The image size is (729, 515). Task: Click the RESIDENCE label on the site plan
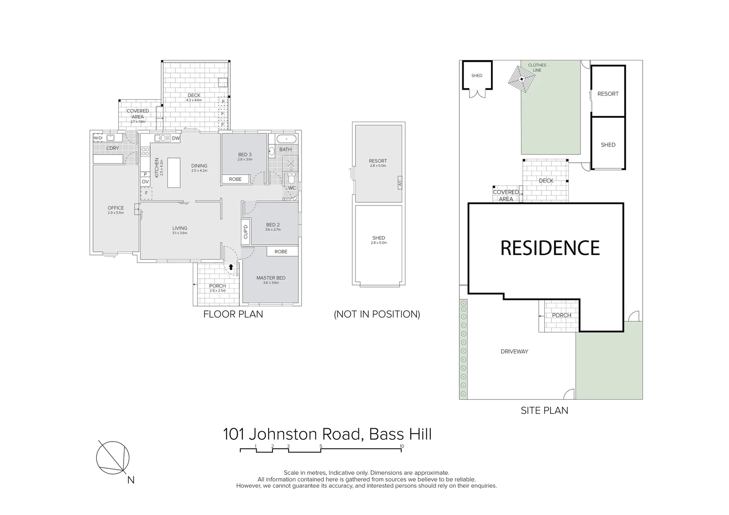tap(550, 248)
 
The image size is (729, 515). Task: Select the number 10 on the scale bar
tap(402, 446)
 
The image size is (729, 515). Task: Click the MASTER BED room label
tap(271, 278)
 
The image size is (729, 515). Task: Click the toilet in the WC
tap(291, 179)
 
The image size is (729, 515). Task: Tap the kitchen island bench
tap(174, 172)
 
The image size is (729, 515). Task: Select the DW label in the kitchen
tap(176, 139)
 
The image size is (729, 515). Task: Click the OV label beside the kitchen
tap(145, 182)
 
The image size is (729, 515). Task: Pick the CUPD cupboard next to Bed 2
tap(246, 232)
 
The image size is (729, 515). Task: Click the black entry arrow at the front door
tap(231, 267)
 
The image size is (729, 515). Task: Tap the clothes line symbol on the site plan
tap(522, 79)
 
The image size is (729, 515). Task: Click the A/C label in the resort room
tap(399, 182)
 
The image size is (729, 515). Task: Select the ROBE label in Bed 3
tap(235, 179)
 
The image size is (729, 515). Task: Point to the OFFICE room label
tap(115, 208)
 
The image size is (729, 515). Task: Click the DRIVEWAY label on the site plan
tap(514, 351)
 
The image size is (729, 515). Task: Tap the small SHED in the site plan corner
tap(477, 75)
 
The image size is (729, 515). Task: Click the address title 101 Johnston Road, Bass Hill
tap(327, 434)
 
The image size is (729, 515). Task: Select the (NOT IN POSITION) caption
tap(377, 314)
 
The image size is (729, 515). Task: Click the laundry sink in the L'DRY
tap(111, 138)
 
